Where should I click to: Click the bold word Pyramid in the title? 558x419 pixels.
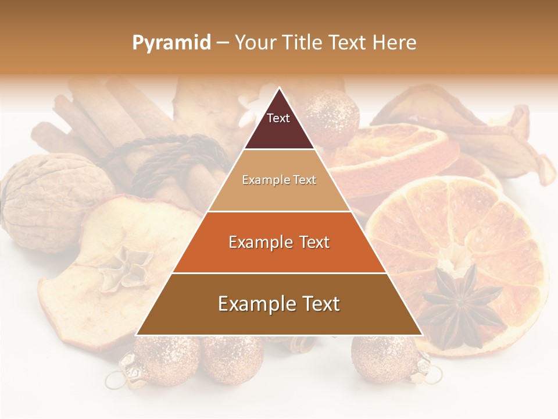[x=171, y=43]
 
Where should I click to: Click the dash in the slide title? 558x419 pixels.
[x=222, y=43]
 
